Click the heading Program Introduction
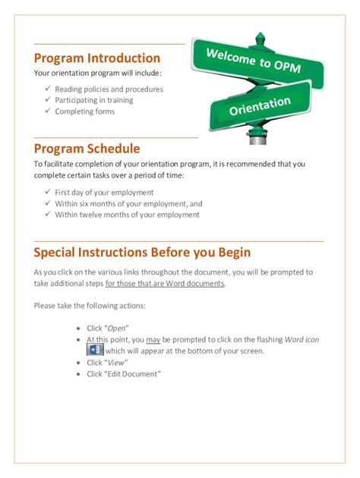pos(97,58)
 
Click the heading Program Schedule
pos(87,149)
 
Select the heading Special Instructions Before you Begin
pos(142,252)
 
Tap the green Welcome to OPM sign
pos(257,61)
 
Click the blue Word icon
pos(95,351)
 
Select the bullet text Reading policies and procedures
pos(109,89)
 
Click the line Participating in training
pos(93,100)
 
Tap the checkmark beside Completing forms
pos(47,111)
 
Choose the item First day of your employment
pos(104,193)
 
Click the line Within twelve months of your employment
pos(127,215)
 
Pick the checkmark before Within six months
pos(47,203)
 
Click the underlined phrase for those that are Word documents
pos(165,283)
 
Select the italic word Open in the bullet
pos(115,329)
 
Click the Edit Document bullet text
pos(123,374)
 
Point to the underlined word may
pos(153,340)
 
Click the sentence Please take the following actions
pos(90,306)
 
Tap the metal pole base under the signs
pos(258,140)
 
